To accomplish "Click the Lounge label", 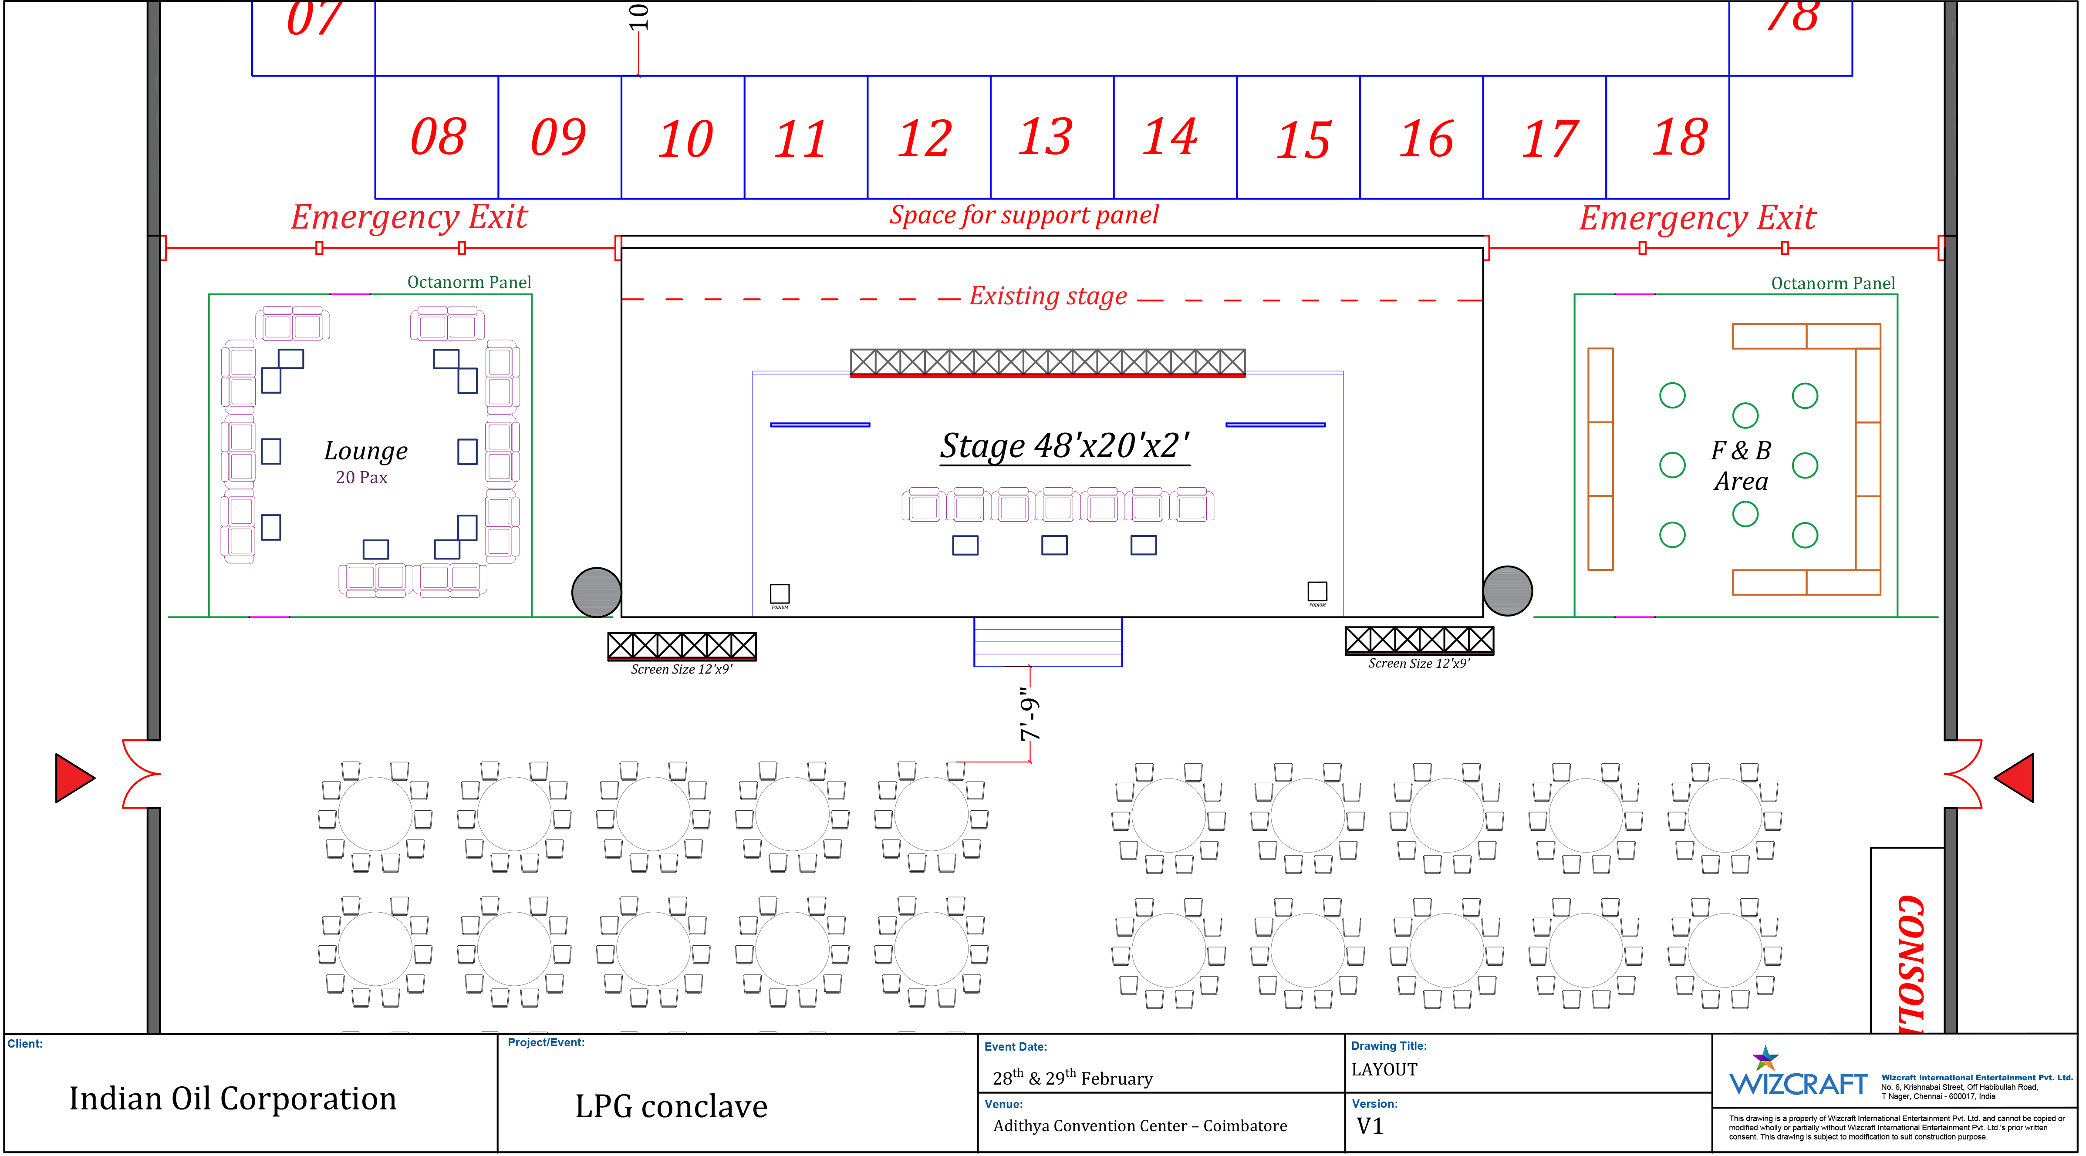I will click(x=365, y=451).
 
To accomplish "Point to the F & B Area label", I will click(x=1741, y=465).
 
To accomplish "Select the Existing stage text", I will click(x=1048, y=296).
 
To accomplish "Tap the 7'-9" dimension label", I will click(x=1029, y=714).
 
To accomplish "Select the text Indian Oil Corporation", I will click(x=233, y=1099).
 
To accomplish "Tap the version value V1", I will click(x=1369, y=1126).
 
